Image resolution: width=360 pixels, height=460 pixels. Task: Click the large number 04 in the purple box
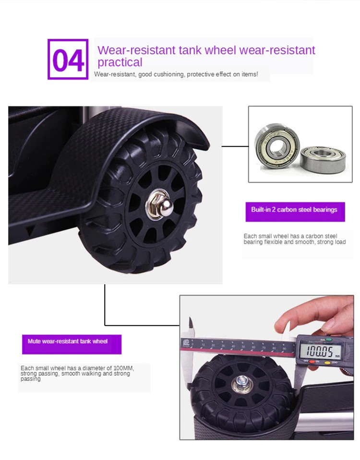68,60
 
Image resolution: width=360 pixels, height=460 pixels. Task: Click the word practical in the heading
120,62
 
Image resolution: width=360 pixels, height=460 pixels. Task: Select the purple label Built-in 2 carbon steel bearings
295,212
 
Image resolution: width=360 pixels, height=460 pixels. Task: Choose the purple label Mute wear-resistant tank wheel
72,344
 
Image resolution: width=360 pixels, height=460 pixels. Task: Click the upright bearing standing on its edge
276,145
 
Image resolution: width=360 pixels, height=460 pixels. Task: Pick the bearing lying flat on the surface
323,159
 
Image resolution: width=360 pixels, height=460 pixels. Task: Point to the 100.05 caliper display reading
320,351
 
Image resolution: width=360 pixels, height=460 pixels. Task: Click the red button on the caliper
312,362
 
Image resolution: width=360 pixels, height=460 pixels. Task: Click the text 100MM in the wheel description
123,368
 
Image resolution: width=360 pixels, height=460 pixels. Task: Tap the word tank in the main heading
190,50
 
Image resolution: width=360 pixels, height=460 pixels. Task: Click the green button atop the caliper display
329,340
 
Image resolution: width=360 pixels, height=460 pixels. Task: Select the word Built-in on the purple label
261,210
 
